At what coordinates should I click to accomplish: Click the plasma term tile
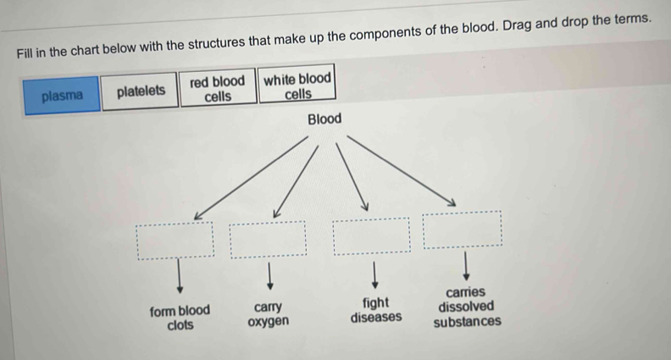(x=62, y=95)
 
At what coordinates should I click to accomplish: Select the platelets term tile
(x=141, y=91)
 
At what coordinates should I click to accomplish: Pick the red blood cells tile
(x=218, y=89)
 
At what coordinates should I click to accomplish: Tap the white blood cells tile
(x=297, y=86)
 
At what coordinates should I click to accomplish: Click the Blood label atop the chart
(x=324, y=119)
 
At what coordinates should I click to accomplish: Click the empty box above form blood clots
(x=176, y=240)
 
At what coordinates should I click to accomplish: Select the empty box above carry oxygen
(x=269, y=238)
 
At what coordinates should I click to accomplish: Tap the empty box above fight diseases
(x=371, y=235)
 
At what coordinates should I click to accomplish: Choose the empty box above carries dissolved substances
(x=463, y=229)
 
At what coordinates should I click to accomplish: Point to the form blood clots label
(x=180, y=318)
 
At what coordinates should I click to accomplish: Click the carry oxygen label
(x=268, y=313)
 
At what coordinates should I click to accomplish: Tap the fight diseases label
(x=376, y=310)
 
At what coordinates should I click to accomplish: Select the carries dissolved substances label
(x=467, y=307)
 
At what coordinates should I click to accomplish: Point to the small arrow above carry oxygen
(x=269, y=274)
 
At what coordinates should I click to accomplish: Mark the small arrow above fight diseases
(x=374, y=272)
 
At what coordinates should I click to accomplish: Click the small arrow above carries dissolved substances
(x=465, y=266)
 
